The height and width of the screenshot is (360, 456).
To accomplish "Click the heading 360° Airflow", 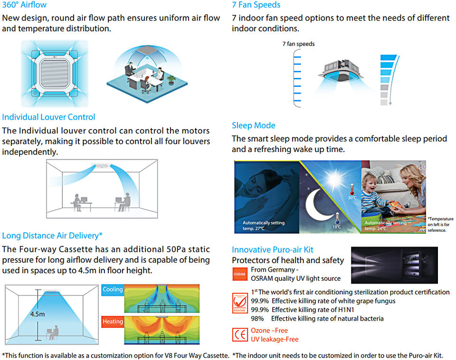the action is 24,5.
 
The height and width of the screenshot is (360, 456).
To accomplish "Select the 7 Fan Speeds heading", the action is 256,5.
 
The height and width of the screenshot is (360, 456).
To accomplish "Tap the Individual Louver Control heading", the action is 48,117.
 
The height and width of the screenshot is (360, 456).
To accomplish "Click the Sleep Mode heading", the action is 254,126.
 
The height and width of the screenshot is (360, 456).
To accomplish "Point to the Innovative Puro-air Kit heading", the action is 273,250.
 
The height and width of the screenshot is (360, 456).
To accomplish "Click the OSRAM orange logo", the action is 239,274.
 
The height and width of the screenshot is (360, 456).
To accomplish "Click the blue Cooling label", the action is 113,289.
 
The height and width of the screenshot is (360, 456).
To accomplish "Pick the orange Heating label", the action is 113,322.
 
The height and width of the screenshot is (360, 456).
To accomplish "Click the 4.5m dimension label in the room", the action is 38,314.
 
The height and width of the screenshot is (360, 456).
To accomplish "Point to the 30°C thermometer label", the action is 352,198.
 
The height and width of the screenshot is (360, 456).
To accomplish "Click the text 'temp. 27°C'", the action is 254,229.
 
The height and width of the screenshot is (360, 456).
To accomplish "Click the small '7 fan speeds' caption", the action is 298,44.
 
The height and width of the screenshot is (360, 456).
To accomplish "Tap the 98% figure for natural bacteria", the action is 257,319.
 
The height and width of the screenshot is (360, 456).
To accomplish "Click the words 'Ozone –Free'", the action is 269,331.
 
